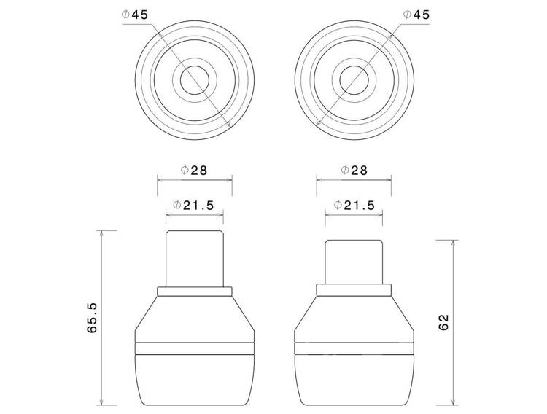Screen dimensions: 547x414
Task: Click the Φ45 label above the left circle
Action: pos(135,15)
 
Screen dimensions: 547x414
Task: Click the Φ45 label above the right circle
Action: pos(416,15)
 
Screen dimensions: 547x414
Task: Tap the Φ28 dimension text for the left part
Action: pos(193,171)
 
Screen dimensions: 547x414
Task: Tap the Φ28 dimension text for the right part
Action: pos(354,171)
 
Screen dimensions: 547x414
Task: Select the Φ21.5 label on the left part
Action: pos(193,205)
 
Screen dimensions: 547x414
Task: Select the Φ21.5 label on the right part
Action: pos(354,205)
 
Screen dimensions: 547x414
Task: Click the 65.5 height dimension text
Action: pos(92,318)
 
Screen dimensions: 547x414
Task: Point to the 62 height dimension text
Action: pos(443,322)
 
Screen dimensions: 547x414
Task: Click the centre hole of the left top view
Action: pos(195,80)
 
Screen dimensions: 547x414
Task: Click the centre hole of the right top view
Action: pos(354,80)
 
